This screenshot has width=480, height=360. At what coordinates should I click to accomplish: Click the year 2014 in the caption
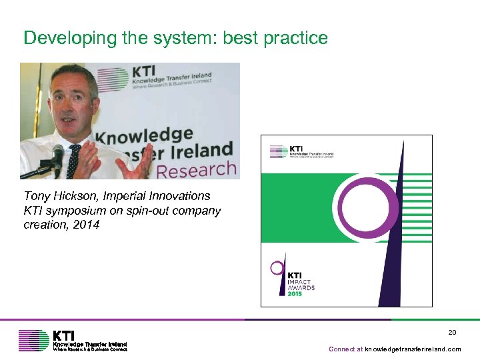point(87,225)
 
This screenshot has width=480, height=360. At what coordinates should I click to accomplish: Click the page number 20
point(452,333)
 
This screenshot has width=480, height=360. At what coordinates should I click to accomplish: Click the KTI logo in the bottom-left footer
point(73,340)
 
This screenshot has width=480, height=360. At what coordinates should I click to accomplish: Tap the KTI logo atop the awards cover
point(301,151)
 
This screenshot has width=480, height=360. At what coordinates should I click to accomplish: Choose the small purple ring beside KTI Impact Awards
point(276,268)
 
